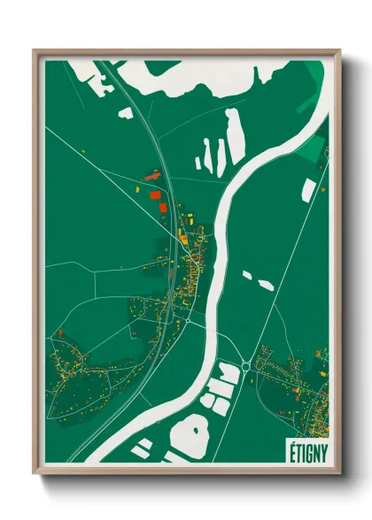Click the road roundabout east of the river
pyautogui.click(x=245, y=365)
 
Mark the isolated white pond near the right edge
pyautogui.click(x=308, y=189)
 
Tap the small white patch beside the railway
pyautogui.click(x=126, y=113)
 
